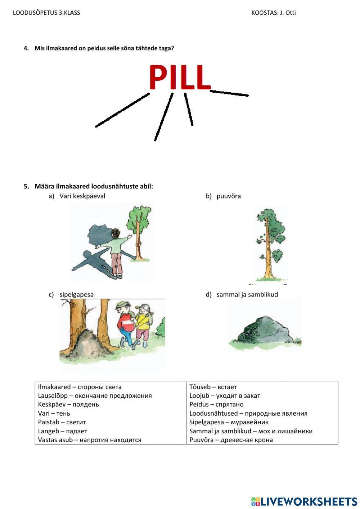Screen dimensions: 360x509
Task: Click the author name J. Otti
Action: (x=288, y=13)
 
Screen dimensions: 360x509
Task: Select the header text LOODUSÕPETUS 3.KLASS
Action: (x=46, y=13)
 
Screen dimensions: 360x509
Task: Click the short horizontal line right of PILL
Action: (x=229, y=93)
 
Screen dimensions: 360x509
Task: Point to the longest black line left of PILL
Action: (x=122, y=110)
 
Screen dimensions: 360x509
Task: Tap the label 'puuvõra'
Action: (x=229, y=196)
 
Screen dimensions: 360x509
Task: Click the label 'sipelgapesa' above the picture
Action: (x=76, y=295)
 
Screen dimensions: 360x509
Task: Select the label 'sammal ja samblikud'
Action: (x=247, y=295)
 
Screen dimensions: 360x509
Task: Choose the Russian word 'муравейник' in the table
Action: (x=249, y=422)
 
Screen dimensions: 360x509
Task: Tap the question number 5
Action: (x=26, y=186)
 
